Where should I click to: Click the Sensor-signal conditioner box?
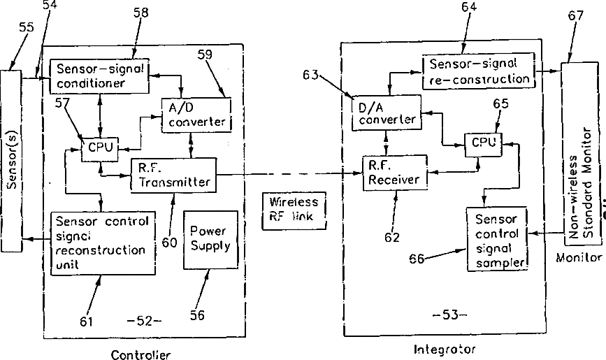(99, 76)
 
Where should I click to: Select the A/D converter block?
(196, 115)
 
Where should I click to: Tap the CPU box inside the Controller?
(100, 150)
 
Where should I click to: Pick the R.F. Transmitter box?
(173, 175)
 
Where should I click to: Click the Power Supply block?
(210, 240)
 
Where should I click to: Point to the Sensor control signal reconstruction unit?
(103, 243)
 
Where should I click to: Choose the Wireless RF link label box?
(294, 210)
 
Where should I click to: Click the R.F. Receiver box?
(395, 173)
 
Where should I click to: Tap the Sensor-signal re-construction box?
(479, 72)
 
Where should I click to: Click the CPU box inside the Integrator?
(484, 145)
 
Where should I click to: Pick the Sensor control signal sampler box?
(498, 239)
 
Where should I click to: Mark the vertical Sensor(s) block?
(12, 161)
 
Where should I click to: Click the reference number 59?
(205, 55)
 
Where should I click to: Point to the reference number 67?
(575, 16)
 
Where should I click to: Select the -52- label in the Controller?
(144, 321)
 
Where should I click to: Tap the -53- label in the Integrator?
(450, 315)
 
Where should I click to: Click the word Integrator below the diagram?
(445, 350)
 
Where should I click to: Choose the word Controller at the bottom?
(140, 354)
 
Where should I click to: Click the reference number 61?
(86, 322)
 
